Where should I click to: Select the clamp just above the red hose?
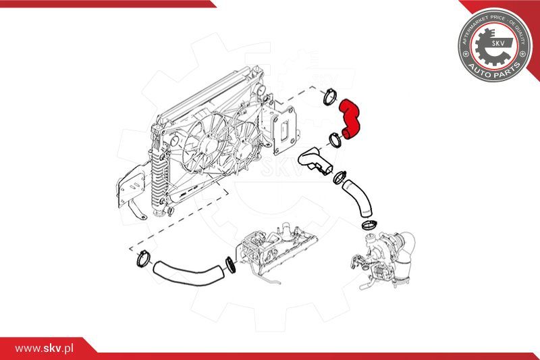click(x=331, y=96)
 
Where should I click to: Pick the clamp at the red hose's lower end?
click(x=334, y=141)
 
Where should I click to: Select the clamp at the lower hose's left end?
click(x=142, y=257)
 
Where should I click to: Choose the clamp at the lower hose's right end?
click(x=230, y=263)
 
